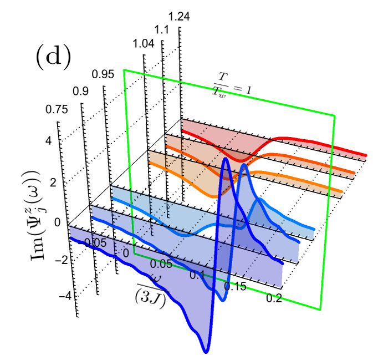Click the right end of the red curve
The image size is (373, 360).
coord(366,155)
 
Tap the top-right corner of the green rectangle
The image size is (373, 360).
coord(335,115)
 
